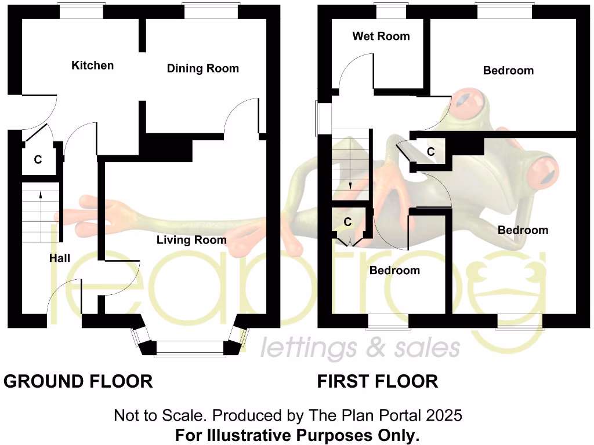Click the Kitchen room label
(92, 65)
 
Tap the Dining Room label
(202, 68)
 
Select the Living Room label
(191, 240)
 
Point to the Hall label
(59, 258)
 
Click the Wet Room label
(381, 36)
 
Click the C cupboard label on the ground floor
(38, 160)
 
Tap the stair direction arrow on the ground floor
(41, 195)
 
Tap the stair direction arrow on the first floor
(350, 186)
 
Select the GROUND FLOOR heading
(78, 381)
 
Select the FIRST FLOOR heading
(377, 381)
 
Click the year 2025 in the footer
(444, 415)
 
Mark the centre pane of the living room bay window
(190, 347)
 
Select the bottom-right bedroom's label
(523, 230)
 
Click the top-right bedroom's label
(508, 71)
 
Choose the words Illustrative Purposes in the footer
(297, 435)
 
